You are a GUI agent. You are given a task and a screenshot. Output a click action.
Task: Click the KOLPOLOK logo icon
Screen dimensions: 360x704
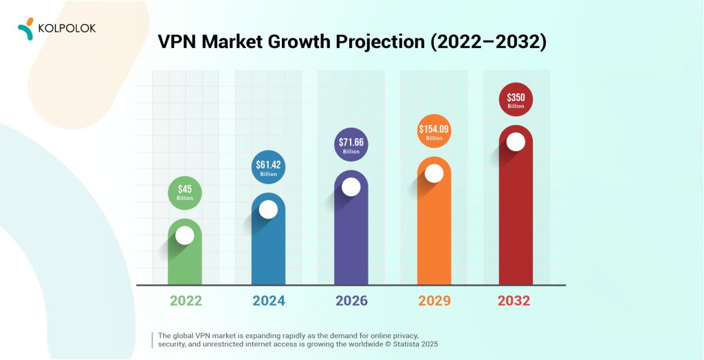tap(25, 27)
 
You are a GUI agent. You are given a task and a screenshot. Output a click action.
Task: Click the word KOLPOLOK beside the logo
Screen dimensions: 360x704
tap(67, 28)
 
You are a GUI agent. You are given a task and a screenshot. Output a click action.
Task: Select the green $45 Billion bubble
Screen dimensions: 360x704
tap(185, 192)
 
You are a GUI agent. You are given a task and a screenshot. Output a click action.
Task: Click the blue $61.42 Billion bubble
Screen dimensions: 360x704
tap(268, 168)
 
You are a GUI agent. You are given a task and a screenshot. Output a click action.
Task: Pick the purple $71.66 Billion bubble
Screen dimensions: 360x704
tap(351, 146)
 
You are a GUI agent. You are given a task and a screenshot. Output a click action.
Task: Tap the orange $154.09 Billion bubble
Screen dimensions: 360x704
tap(434, 131)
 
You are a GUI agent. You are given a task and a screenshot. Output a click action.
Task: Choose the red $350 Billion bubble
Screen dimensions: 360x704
tap(516, 100)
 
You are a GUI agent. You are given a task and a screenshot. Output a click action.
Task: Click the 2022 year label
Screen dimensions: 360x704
tap(185, 300)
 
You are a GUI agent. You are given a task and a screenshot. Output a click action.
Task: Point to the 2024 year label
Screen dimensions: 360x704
tap(268, 300)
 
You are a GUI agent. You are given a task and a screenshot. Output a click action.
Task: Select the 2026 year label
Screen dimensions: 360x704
tap(351, 300)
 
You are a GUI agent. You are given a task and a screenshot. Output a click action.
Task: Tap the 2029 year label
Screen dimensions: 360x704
tap(434, 300)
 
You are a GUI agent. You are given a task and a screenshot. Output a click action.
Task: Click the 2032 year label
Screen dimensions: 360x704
tap(516, 300)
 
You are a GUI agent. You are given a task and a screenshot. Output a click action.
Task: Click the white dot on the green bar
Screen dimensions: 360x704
tap(185, 236)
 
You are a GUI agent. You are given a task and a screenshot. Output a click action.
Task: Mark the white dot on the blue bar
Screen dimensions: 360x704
tap(268, 210)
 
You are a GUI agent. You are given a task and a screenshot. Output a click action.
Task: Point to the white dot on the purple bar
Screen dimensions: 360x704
tap(351, 187)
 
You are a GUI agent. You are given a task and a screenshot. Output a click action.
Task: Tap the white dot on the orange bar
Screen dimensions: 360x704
tap(434, 173)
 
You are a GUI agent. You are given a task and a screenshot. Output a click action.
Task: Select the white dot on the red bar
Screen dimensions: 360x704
tap(516, 142)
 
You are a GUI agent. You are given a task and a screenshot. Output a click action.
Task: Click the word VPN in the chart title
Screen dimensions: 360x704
tap(178, 42)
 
